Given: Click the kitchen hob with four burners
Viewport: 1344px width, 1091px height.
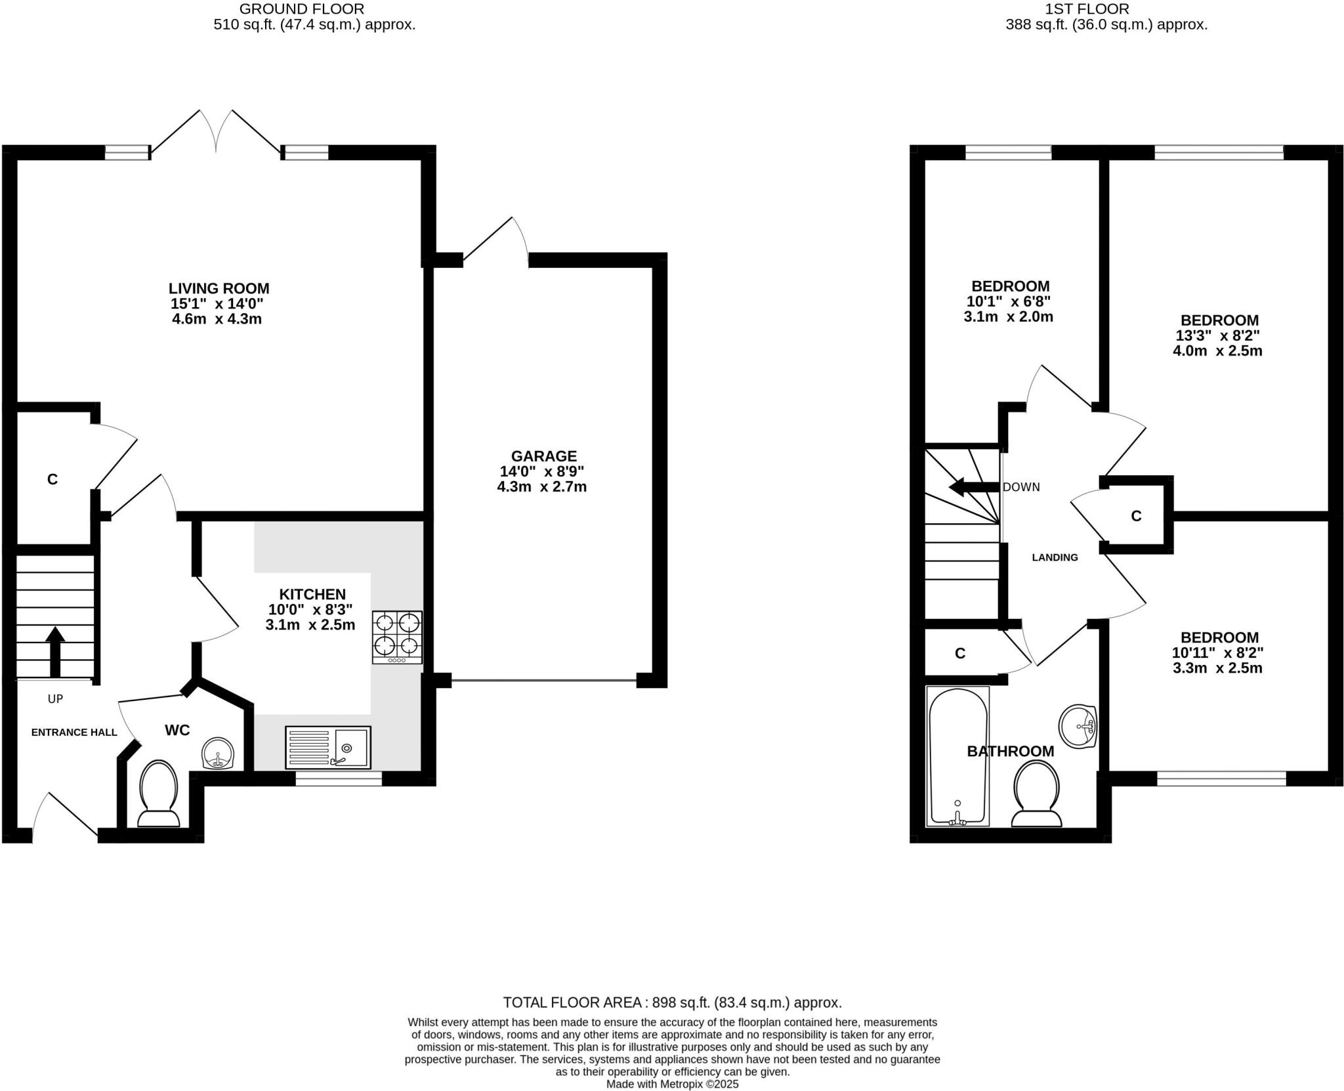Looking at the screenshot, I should pos(397,637).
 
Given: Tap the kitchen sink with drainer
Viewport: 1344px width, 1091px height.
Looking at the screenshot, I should pos(327,747).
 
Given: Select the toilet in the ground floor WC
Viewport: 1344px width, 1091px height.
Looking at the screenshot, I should pos(158,792).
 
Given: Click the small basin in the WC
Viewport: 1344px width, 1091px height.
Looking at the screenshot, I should pos(217,753).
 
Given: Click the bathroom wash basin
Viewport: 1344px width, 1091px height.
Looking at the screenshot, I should pos(1078,727).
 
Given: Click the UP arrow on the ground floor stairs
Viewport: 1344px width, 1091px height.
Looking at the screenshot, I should pos(55,651).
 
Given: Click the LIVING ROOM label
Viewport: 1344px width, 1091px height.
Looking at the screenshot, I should pos(219,288).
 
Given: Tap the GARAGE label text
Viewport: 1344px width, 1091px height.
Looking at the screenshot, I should pos(543,456).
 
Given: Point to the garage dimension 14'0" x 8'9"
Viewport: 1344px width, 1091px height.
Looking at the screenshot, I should pos(541,471).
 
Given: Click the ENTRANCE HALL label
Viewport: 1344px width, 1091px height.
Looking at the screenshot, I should pos(74,733).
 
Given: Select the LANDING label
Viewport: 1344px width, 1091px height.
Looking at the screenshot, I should pos(1055,557).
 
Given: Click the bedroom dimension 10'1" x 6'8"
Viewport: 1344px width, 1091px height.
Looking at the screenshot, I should pos(1009,301).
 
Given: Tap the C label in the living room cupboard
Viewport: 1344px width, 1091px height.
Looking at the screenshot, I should pos(52,479).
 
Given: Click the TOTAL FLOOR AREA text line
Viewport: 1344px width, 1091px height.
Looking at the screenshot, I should pos(672,1002).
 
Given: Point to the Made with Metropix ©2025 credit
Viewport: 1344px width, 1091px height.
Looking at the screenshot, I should pos(672,1084).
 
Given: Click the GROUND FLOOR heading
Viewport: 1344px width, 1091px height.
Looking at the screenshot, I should pos(301,9).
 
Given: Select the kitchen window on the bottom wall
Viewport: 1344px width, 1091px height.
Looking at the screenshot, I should pos(338,779).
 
